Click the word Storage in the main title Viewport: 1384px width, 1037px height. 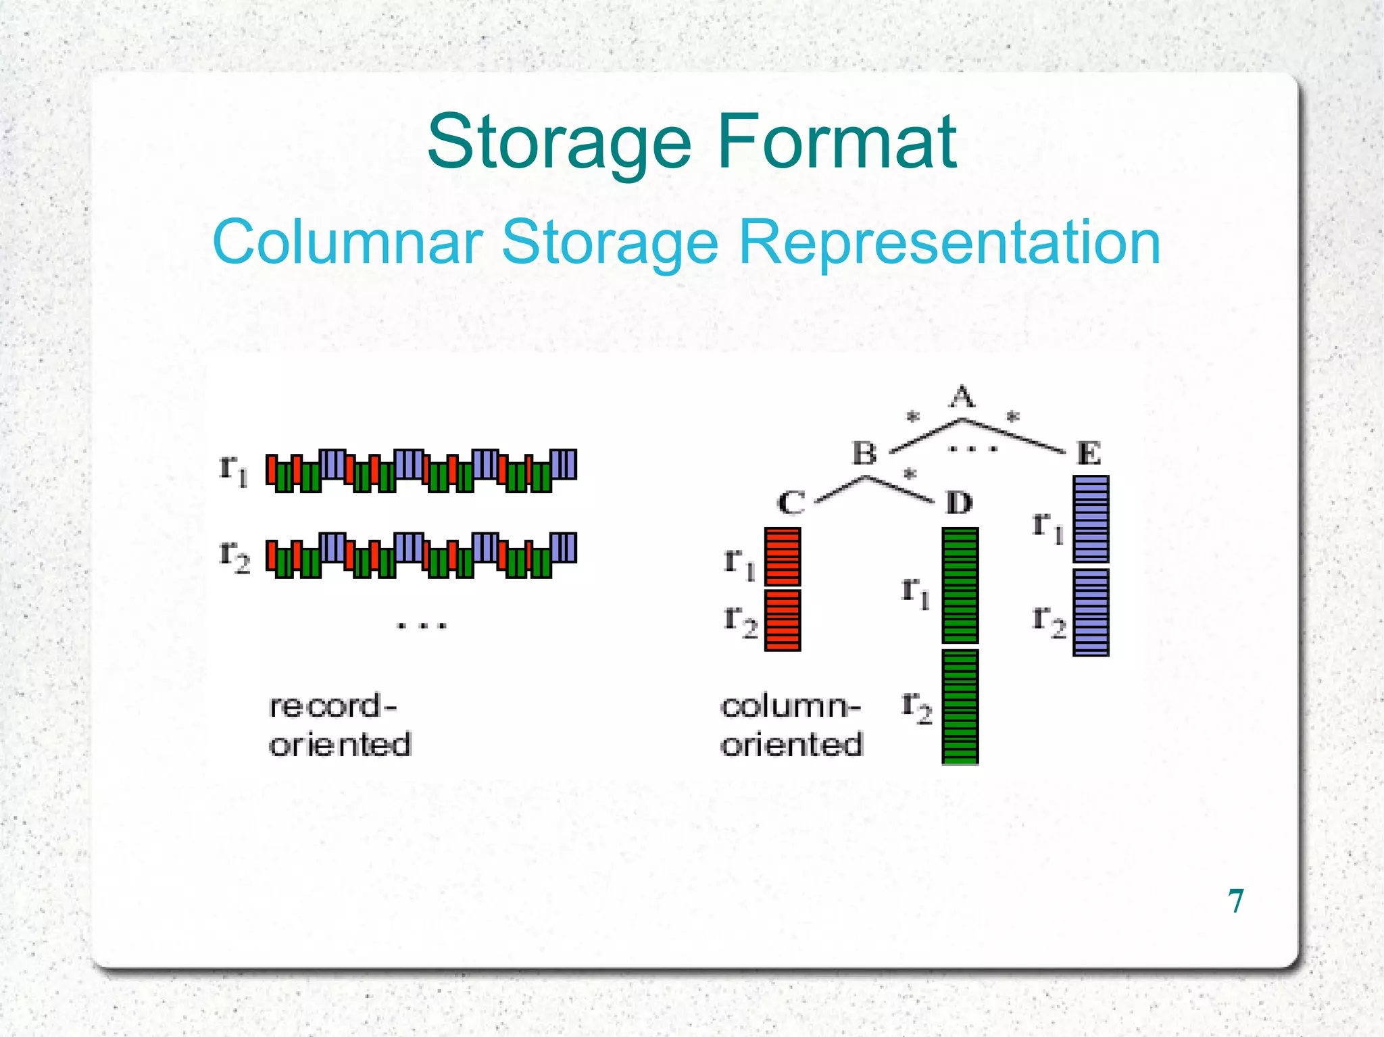click(559, 143)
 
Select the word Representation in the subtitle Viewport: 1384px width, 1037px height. click(949, 243)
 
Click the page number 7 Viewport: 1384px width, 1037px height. click(1236, 901)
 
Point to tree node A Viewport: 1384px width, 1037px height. click(962, 397)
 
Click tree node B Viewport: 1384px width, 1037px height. click(864, 453)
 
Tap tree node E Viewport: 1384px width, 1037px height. click(1089, 453)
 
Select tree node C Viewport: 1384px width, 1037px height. click(791, 503)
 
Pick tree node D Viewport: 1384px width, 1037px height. click(959, 503)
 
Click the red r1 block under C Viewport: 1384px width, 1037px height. click(783, 557)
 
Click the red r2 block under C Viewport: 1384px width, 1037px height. click(783, 619)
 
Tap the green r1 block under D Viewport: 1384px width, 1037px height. click(960, 585)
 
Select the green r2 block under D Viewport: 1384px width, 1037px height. click(960, 707)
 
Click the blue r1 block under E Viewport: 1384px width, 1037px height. click(1091, 519)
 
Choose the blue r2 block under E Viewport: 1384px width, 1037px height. click(1091, 612)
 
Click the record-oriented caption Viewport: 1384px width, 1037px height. click(339, 726)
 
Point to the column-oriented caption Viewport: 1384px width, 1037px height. click(791, 726)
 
